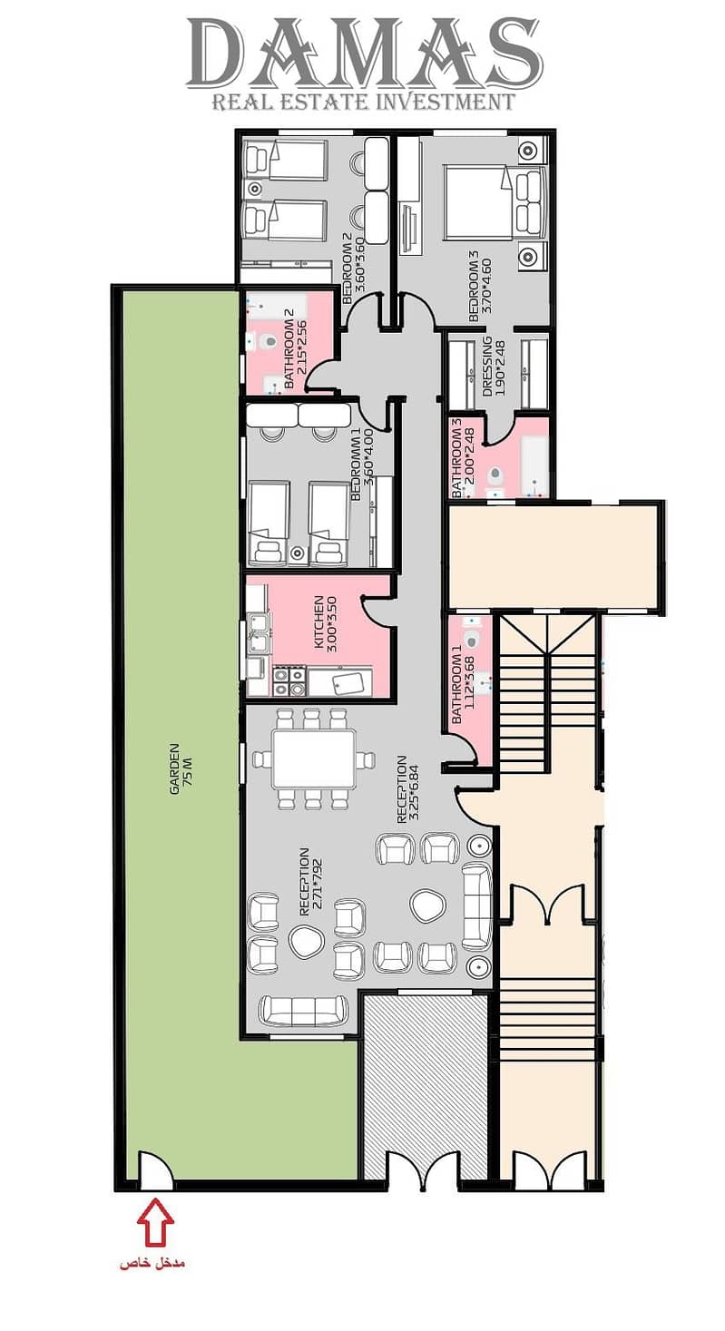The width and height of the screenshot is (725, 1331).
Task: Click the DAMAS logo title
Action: click(x=364, y=53)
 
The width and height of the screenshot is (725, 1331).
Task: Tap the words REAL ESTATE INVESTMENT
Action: click(x=364, y=102)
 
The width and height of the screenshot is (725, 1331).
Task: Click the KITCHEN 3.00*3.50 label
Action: click(x=325, y=623)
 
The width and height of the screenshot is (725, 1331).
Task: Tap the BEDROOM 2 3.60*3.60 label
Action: click(x=353, y=262)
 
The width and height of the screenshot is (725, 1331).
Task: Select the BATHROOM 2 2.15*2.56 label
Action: click(x=296, y=354)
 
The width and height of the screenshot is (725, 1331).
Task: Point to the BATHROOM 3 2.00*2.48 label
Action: click(x=464, y=458)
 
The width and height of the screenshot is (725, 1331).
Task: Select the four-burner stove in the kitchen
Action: click(x=289, y=681)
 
